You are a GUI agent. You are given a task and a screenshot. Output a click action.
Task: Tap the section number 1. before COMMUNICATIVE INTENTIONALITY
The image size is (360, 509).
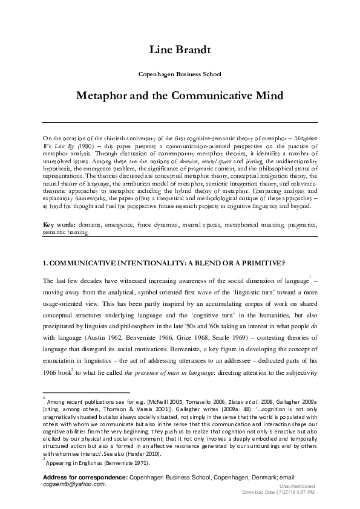pos(46,263)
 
